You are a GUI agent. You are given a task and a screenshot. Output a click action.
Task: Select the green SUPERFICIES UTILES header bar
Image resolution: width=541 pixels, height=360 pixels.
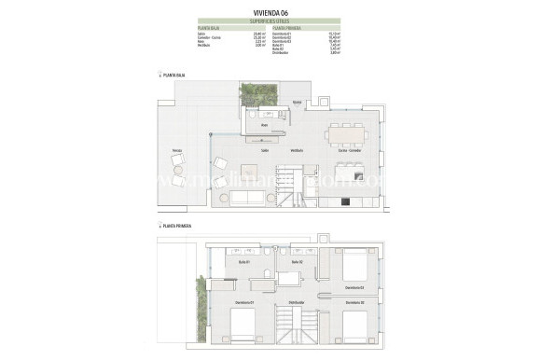270,21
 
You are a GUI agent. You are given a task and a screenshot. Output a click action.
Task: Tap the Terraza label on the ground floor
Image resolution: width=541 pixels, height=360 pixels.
176,149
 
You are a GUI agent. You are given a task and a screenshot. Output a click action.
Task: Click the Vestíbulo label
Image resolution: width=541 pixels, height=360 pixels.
297,149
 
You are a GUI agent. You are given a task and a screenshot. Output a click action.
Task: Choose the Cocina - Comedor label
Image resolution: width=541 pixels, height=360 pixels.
350,149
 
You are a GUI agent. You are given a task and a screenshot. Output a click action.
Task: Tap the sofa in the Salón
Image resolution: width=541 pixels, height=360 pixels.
250,198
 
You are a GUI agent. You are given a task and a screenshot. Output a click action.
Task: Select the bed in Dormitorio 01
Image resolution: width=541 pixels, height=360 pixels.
243,326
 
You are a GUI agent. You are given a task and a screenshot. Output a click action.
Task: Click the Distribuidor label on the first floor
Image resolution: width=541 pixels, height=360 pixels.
297,301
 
